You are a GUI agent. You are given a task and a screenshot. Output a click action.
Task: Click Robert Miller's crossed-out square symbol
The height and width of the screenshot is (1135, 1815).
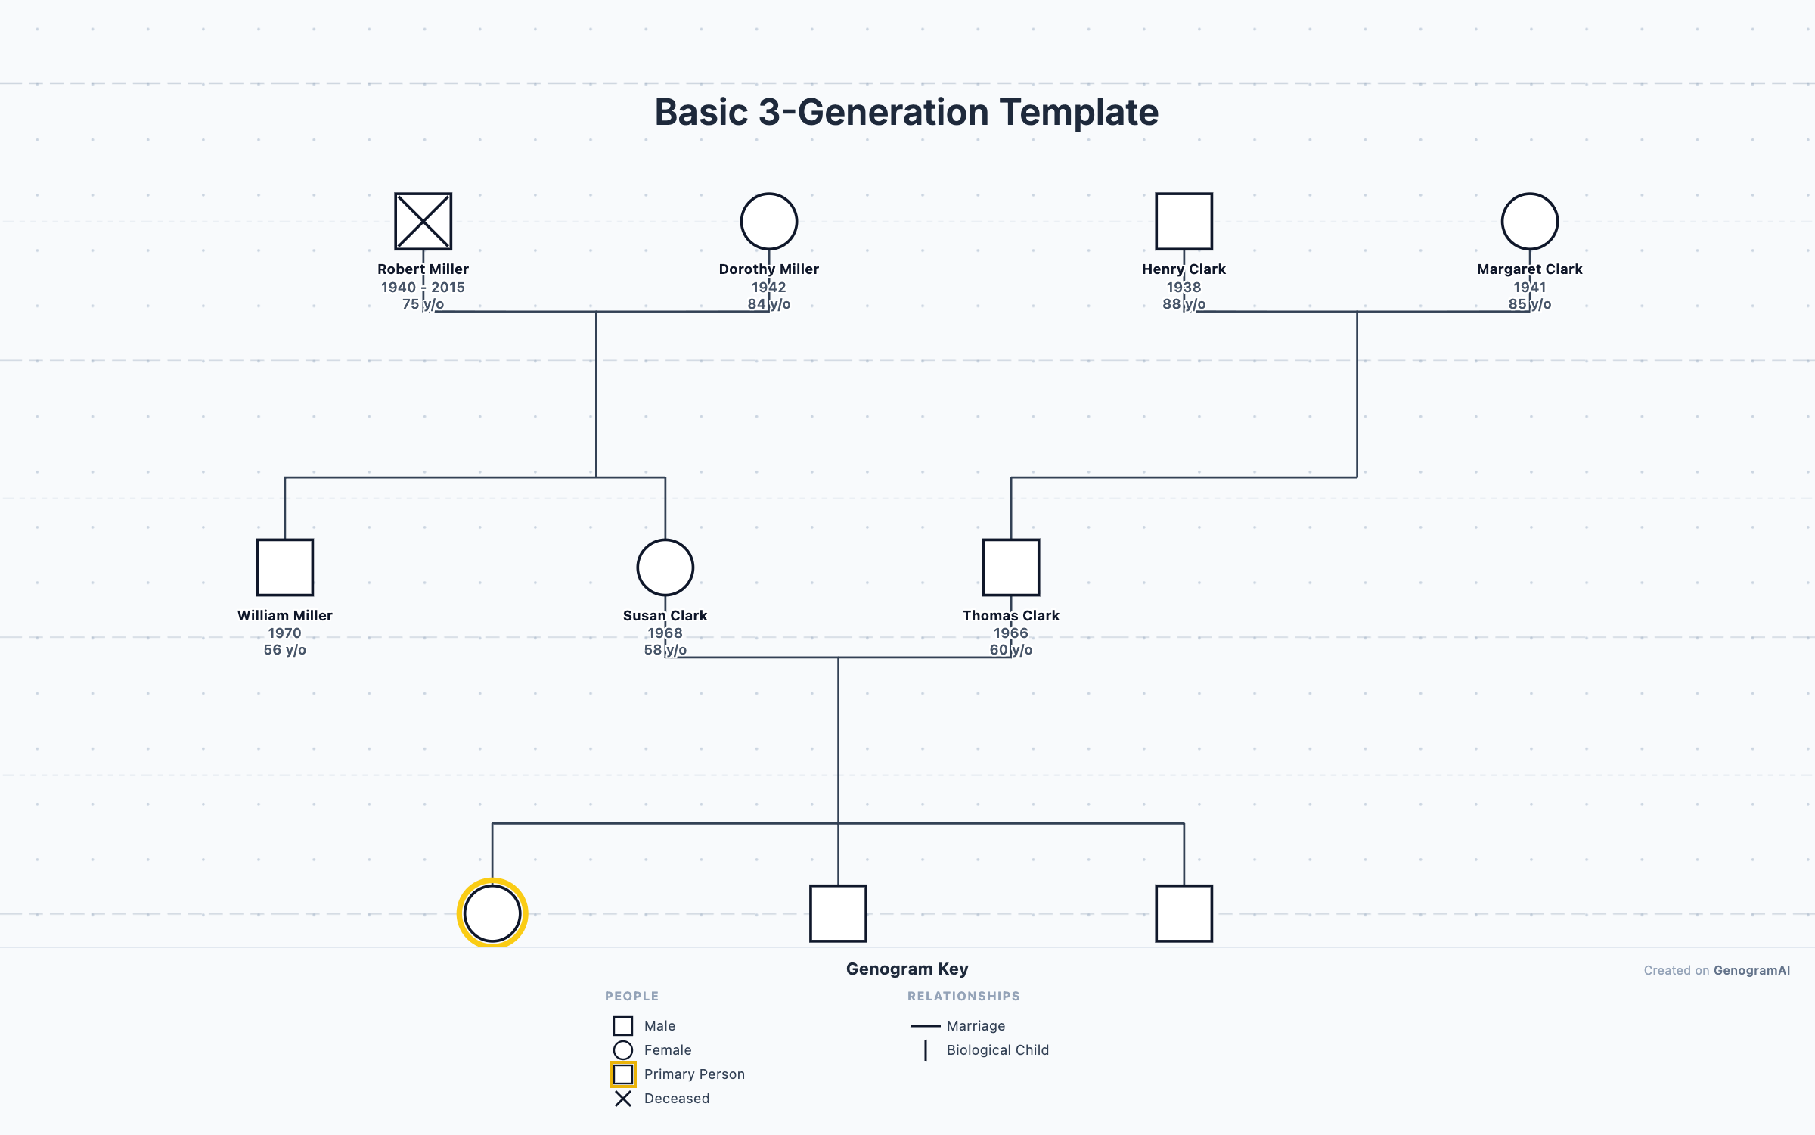[423, 221]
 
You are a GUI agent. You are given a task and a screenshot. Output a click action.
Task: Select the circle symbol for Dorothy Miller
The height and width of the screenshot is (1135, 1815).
[768, 221]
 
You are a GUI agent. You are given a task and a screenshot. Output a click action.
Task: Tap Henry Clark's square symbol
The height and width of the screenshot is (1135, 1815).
[1184, 221]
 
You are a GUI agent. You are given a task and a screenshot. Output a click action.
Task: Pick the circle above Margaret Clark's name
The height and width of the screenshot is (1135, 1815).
[1529, 221]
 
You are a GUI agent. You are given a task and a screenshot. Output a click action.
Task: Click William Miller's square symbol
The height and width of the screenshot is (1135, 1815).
[284, 567]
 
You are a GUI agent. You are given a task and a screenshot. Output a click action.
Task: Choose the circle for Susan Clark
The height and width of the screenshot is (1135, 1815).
[665, 567]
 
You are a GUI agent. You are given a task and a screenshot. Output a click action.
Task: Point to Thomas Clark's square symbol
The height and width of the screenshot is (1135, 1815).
[1010, 567]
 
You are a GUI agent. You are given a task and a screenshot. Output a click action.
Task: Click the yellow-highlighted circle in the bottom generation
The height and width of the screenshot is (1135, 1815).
[492, 913]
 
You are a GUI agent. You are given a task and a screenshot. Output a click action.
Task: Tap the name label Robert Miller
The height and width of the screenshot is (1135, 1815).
[423, 269]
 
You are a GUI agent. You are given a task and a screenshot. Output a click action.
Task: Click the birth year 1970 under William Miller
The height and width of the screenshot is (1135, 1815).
[284, 633]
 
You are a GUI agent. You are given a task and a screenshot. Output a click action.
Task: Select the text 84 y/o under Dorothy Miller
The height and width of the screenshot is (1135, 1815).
[768, 304]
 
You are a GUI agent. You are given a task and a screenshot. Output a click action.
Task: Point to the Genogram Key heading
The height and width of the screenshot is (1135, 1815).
[907, 969]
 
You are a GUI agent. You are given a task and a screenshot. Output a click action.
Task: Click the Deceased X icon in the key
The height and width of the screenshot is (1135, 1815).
[622, 1099]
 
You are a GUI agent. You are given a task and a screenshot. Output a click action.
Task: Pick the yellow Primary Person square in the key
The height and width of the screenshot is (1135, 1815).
[622, 1074]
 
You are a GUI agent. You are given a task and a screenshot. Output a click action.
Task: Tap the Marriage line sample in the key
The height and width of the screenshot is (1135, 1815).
[924, 1026]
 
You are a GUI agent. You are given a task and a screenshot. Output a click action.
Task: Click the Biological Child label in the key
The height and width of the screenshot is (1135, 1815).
[997, 1050]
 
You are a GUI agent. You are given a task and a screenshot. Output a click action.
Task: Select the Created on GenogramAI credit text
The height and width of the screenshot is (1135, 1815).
[1716, 970]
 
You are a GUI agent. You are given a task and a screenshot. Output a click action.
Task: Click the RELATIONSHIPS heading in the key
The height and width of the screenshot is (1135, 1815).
[963, 996]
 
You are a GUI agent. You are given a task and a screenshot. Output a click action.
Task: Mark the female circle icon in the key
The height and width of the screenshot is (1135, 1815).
[622, 1050]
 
